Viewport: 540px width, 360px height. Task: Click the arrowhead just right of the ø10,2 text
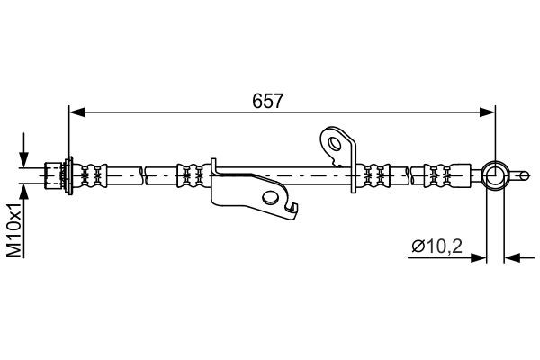[x=479, y=257]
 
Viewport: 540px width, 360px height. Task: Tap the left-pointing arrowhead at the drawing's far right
[x=511, y=257]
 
